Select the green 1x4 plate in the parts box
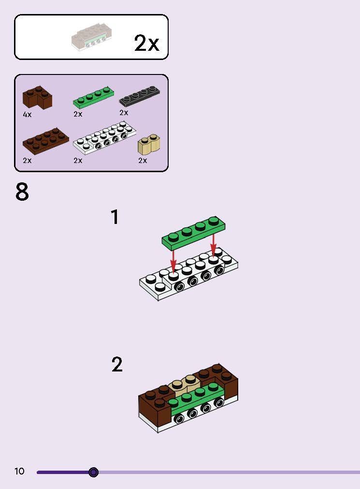pos(94,97)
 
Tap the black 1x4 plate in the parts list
pos(139,96)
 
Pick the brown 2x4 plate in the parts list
pos(45,141)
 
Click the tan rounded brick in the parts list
pos(149,144)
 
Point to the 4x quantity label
pos(27,115)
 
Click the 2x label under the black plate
pos(124,113)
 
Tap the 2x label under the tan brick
pos(143,160)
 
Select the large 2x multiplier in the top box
pos(146,43)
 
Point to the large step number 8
pos(22,192)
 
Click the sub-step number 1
pos(115,217)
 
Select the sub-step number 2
pos(117,364)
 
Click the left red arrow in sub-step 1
pos(173,260)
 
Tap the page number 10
pos(19,471)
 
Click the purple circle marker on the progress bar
pos(93,472)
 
